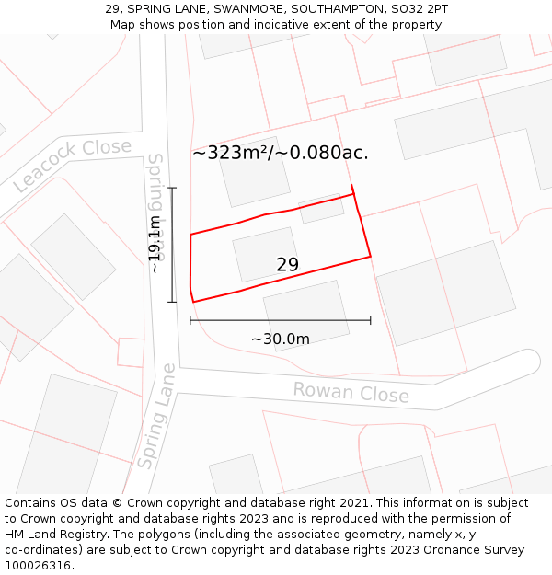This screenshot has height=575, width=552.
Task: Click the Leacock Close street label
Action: point(73,165)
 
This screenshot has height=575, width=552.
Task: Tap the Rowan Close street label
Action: point(351,392)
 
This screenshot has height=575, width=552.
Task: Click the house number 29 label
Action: point(287,265)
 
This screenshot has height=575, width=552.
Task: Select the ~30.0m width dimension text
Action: point(281,339)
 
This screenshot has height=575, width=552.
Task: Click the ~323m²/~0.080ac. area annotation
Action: point(281,153)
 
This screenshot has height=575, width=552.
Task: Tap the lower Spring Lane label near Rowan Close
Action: point(155,416)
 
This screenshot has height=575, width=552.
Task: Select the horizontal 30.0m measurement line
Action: point(281,320)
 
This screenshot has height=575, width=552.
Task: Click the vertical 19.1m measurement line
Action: point(172,245)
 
